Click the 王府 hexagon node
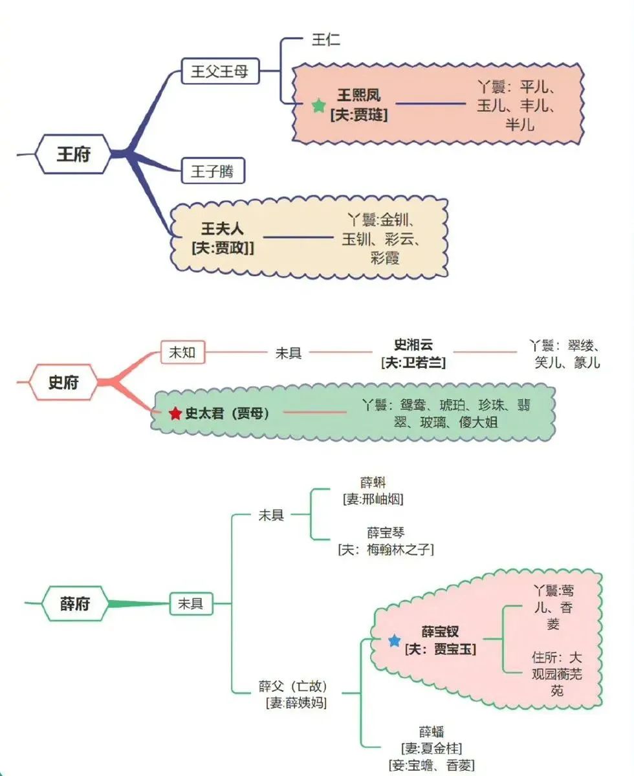(73, 155)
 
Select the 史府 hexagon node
(63, 382)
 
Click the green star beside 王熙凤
(318, 106)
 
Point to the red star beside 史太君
(175, 413)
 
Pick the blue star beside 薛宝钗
(394, 641)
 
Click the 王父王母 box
(220, 71)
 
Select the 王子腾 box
(213, 172)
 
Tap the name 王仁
(326, 39)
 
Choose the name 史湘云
(414, 346)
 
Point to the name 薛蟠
(432, 732)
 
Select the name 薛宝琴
(386, 533)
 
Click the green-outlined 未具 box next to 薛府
(190, 604)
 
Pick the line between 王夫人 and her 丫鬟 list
(298, 237)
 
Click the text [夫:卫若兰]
(414, 362)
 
